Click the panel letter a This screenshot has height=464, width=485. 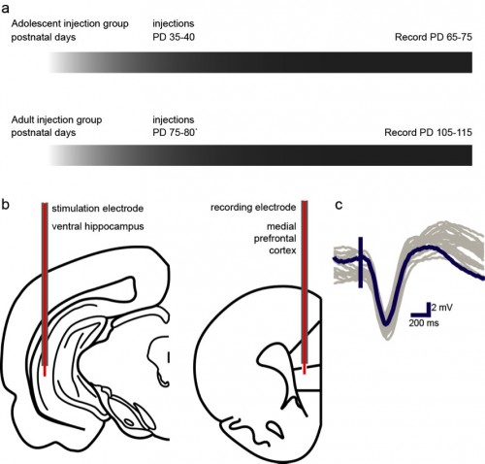tap(5, 9)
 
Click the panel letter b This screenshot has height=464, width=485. tap(5, 205)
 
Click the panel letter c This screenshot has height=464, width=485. tap(339, 205)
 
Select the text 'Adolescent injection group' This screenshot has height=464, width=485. tap(70, 24)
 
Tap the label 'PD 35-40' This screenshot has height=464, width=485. tap(174, 37)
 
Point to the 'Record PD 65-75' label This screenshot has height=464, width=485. tap(434, 37)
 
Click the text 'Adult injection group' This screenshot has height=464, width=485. tap(56, 120)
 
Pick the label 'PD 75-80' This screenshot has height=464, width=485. tap(174, 133)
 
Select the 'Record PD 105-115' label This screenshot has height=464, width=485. tap(428, 133)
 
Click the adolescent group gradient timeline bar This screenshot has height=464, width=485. tap(260, 62)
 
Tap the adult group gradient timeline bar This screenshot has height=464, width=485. tap(260, 155)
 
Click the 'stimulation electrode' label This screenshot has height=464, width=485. tap(98, 209)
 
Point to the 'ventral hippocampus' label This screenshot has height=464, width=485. tap(98, 226)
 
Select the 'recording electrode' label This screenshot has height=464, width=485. tap(253, 208)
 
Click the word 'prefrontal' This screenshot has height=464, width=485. tap(275, 239)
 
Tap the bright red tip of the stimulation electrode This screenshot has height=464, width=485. tap(45, 371)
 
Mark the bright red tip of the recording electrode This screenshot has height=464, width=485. tap(304, 369)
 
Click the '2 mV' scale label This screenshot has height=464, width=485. tap(442, 308)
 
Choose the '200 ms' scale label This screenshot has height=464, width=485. tap(424, 323)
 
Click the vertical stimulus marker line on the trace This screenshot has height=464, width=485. tap(361, 262)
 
